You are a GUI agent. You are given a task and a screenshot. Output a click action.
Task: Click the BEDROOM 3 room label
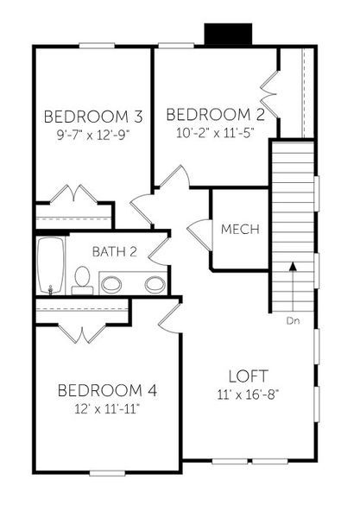tap(93, 117)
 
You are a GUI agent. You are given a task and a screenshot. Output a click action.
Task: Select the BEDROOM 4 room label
tap(107, 391)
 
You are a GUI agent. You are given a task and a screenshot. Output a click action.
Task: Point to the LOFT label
tap(249, 376)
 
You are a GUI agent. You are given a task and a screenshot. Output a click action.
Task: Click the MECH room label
tap(241, 230)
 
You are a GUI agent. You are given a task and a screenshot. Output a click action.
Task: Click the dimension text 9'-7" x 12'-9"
tap(93, 134)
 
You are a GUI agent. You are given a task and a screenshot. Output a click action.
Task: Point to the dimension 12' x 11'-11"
tap(107, 408)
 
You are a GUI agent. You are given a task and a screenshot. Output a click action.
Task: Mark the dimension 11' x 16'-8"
tap(249, 395)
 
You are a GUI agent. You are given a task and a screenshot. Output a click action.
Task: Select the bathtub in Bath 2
tap(47, 266)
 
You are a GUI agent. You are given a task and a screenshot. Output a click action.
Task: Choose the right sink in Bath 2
tap(155, 283)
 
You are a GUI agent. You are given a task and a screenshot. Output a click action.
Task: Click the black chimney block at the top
tap(228, 35)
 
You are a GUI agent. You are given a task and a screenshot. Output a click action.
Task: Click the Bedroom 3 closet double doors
tap(73, 195)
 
